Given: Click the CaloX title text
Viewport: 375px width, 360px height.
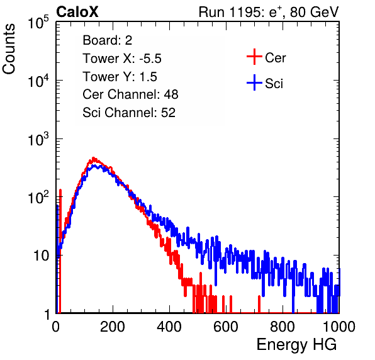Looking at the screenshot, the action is coord(77,12).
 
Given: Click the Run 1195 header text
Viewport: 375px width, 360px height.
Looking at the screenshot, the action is coord(269,12).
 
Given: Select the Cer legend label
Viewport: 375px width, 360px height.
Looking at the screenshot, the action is coord(275,58).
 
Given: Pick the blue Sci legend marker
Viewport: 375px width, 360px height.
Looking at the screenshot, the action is coord(254,83).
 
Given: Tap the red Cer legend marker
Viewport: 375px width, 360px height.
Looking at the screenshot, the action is coord(254,57).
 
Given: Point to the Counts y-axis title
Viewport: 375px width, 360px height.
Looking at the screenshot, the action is coord(9,49).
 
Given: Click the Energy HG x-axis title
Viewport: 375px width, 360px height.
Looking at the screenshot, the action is coord(296,345).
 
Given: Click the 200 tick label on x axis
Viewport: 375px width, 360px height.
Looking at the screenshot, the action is coord(113,327).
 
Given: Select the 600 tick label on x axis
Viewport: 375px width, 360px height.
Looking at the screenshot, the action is coord(226,327).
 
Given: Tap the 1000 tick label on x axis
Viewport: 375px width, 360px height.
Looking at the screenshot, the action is coord(339,327).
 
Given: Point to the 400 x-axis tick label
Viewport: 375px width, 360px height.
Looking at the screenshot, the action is coord(169,327).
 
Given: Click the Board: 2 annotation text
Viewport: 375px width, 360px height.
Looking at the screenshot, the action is coord(108,40).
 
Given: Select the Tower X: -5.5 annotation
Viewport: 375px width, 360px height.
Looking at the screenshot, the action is coord(122,59).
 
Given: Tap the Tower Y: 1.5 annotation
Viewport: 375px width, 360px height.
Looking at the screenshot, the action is coord(120,77).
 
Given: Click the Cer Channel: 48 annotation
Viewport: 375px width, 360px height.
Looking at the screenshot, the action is coord(130,94).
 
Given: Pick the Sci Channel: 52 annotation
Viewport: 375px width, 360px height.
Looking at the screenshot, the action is coord(129,113).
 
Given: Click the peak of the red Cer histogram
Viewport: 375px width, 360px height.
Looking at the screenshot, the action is coord(94,158).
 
